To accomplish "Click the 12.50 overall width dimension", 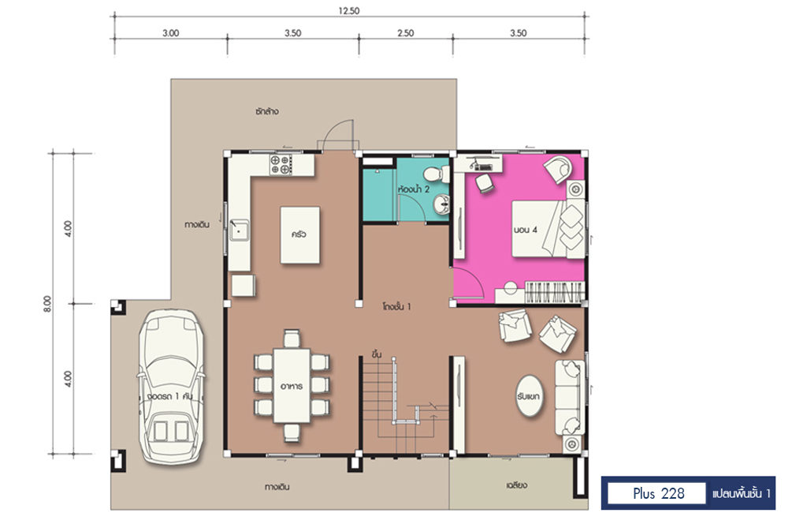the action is click(x=348, y=11).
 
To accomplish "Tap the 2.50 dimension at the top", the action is click(x=406, y=33).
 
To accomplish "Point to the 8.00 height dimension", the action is click(x=47, y=304).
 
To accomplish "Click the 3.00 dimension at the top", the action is click(x=170, y=33).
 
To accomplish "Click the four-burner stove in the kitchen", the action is click(x=281, y=164).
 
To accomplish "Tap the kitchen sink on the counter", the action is click(x=240, y=230).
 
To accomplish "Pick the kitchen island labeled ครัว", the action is click(x=299, y=235).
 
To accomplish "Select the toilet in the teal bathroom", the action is click(x=437, y=174).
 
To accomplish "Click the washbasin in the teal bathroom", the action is click(x=441, y=205).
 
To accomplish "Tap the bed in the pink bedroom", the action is click(x=548, y=228).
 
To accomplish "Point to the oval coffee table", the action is click(x=529, y=395).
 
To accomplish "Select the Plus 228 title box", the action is click(x=658, y=493).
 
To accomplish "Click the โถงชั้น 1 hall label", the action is click(x=396, y=306).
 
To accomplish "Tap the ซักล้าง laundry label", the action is click(x=267, y=110).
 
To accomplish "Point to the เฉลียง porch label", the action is click(x=516, y=485).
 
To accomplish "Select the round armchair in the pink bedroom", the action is click(x=559, y=169).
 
